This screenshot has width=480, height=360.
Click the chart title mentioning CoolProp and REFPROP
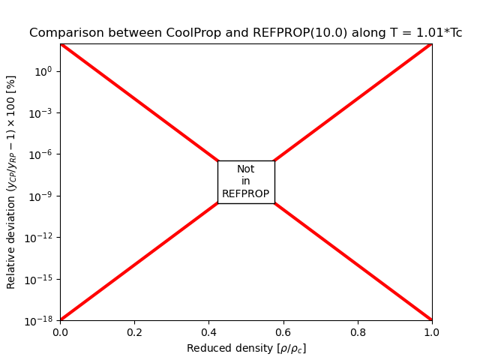point(246,33)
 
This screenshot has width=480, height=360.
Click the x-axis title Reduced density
point(246,348)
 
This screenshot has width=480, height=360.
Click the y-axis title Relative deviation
point(11,181)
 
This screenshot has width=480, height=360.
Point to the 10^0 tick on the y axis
point(42,71)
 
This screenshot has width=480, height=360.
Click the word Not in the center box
point(246,169)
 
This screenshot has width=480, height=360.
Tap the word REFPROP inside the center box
point(246,194)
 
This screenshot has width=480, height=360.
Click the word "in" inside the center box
point(246,181)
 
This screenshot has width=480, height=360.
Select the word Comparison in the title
point(62,33)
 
